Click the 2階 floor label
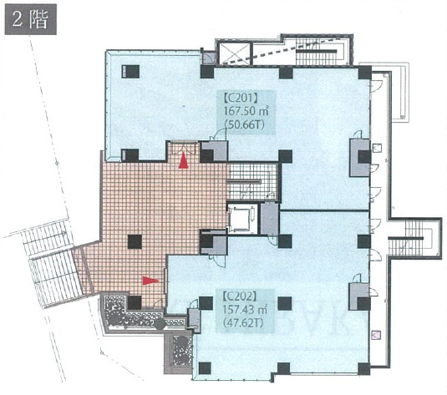(31, 19)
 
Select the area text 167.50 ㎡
(246, 111)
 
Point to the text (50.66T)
(244, 124)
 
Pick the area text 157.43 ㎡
(246, 310)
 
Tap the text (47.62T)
(244, 323)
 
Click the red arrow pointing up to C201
(183, 160)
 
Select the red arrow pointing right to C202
(150, 281)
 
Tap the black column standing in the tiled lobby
(135, 241)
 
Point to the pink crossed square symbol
(376, 334)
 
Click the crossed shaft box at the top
(234, 53)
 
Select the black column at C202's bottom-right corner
(364, 368)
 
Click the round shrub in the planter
(160, 324)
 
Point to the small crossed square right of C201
(377, 148)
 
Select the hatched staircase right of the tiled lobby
(253, 181)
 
